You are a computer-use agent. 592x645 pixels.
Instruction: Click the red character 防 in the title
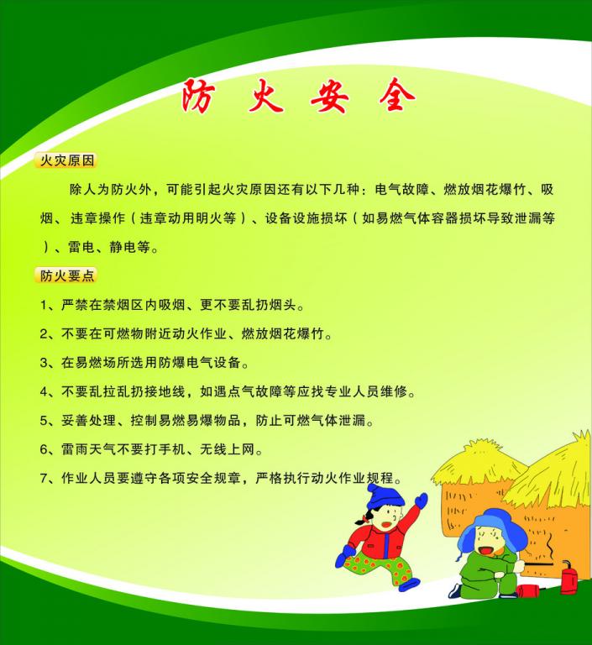pyautogui.click(x=198, y=96)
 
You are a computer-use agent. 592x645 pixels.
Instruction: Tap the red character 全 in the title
pyautogui.click(x=396, y=95)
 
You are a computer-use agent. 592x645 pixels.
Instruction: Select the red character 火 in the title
pyautogui.click(x=265, y=96)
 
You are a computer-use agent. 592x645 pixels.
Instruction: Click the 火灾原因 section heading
pyautogui.click(x=67, y=160)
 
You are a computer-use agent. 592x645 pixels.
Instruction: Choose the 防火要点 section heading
pyautogui.click(x=67, y=275)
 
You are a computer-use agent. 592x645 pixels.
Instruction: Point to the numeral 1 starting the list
pyautogui.click(x=44, y=305)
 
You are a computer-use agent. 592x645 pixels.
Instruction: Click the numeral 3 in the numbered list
pyautogui.click(x=44, y=363)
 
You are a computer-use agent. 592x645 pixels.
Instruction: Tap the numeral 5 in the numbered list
pyautogui.click(x=44, y=421)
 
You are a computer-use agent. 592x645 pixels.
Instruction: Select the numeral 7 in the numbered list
pyautogui.click(x=44, y=478)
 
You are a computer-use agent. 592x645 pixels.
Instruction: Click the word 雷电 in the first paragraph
pyautogui.click(x=81, y=247)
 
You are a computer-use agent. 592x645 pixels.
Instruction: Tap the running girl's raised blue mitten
pyautogui.click(x=422, y=500)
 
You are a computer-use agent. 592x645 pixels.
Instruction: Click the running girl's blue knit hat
pyautogui.click(x=385, y=496)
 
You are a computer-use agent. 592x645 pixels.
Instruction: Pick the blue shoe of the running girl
pyautogui.click(x=409, y=585)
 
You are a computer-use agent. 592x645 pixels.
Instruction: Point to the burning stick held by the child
pyautogui.click(x=538, y=564)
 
